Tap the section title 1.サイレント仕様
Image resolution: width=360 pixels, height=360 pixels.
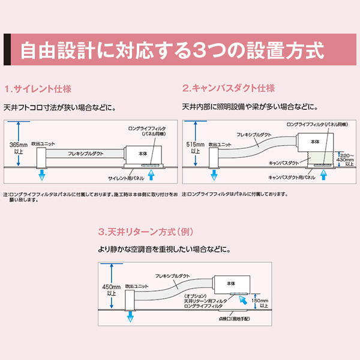tap(38, 89)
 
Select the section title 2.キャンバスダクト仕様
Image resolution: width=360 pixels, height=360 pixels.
tap(229, 88)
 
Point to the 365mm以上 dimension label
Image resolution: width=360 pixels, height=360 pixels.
tap(19, 148)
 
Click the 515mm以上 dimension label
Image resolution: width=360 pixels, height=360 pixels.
tap(196, 148)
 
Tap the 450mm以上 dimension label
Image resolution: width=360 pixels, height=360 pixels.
tap(112, 290)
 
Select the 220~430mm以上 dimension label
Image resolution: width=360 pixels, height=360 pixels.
tap(346, 158)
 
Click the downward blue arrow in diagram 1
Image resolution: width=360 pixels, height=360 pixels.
tap(42, 175)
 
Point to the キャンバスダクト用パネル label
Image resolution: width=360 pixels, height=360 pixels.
tap(292, 178)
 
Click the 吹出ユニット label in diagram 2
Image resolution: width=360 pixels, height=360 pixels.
tap(219, 145)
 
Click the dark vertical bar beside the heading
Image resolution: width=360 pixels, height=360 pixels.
tap(7, 49)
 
